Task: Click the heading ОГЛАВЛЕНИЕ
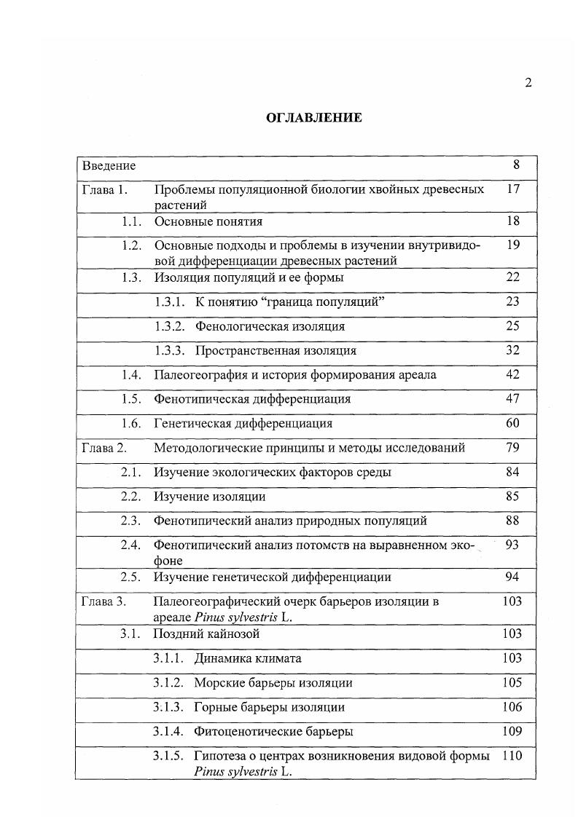[313, 117]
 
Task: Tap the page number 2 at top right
[528, 82]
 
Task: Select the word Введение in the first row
[109, 165]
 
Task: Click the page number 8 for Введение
[516, 165]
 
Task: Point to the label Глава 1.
[105, 190]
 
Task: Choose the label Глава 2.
[104, 448]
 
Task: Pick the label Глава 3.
[104, 601]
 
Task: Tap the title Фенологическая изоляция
[270, 326]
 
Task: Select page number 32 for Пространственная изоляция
[512, 350]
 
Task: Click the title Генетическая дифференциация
[243, 423]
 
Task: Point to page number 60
[512, 423]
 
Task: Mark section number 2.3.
[130, 521]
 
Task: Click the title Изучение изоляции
[209, 497]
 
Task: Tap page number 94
[512, 577]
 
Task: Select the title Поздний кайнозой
[206, 634]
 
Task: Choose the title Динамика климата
[248, 658]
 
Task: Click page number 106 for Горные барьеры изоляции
[512, 706]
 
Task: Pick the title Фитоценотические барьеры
[274, 730]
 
